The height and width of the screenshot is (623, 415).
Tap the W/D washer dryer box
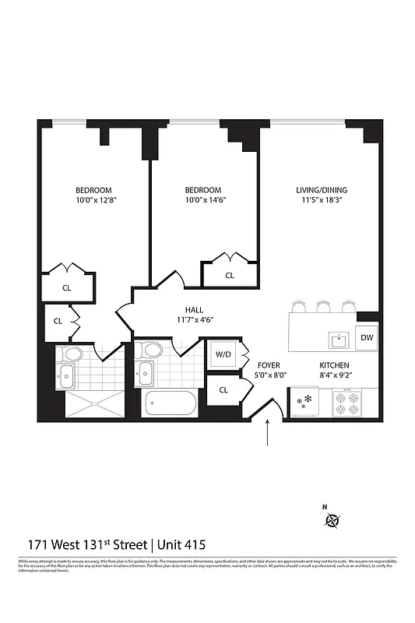223,355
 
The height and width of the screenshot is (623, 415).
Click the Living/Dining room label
321,190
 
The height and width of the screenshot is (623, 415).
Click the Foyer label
269,365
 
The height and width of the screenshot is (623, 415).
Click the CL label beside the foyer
224,389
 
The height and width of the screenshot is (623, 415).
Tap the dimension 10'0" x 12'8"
93,201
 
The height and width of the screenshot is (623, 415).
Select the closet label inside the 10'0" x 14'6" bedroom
230,276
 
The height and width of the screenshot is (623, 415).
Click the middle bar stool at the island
322,305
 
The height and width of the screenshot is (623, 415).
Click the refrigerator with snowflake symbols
303,403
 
